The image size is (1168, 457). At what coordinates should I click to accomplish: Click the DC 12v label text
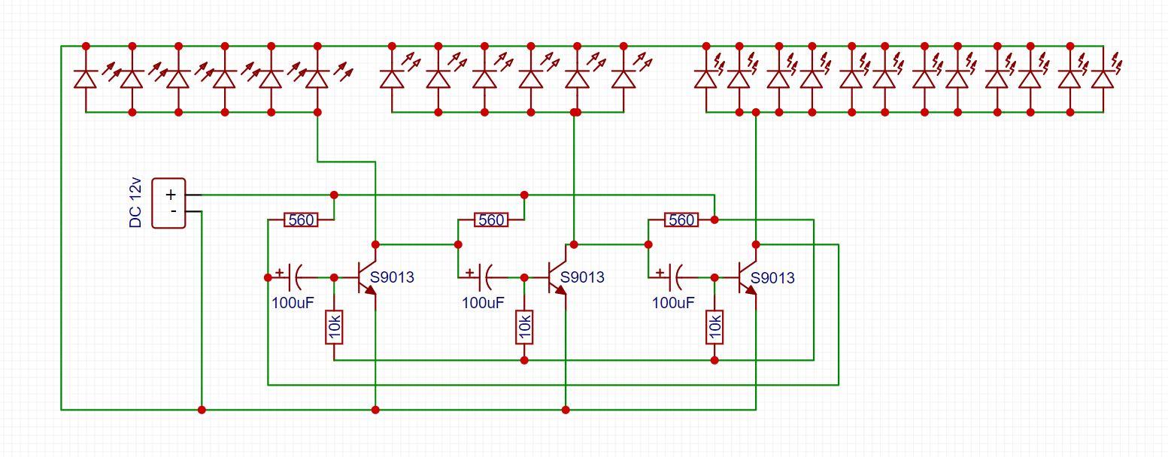[x=136, y=203]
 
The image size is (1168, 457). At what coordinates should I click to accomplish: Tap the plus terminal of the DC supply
[x=171, y=195]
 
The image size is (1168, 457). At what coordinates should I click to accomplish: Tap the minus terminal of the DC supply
[x=173, y=212]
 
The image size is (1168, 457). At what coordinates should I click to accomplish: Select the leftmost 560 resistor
[x=301, y=220]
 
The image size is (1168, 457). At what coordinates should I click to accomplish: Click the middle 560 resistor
[x=491, y=220]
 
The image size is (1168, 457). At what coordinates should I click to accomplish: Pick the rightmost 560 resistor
[x=681, y=220]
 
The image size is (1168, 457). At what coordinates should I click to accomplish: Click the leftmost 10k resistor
[x=334, y=326]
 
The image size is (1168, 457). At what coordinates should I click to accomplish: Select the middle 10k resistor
[x=524, y=326]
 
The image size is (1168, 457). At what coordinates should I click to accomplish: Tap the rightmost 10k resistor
[x=714, y=326]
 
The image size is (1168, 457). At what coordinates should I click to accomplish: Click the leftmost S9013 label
[x=392, y=277]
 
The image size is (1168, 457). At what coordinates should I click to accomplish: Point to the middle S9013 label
[x=582, y=277]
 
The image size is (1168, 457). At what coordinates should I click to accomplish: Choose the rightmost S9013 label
[x=772, y=277]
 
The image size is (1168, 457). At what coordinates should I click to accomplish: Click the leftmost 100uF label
[x=293, y=303]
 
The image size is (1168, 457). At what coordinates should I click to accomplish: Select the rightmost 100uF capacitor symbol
[x=676, y=277]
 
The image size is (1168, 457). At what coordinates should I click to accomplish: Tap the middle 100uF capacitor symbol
[x=486, y=277]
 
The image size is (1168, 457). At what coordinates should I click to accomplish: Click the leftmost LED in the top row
[x=85, y=78]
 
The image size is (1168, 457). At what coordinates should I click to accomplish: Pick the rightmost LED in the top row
[x=1103, y=78]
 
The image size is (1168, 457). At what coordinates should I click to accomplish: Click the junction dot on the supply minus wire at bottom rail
[x=201, y=410]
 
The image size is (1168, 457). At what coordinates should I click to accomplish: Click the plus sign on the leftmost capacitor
[x=280, y=271]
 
